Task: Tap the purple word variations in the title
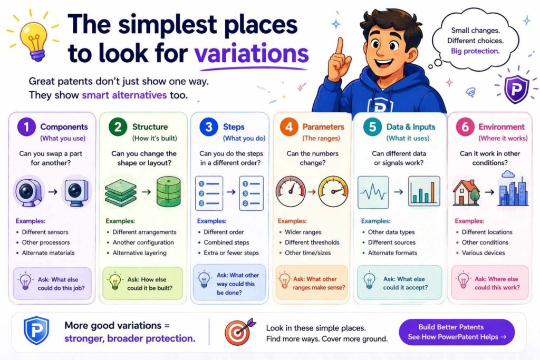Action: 251,54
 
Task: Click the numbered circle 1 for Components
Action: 26,128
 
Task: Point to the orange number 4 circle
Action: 288,128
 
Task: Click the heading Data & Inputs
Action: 411,127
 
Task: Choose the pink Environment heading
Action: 501,127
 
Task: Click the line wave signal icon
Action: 373,191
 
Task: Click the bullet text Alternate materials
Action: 48,252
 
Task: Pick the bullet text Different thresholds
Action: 312,242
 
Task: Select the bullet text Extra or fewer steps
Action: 231,252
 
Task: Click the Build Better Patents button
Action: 457,332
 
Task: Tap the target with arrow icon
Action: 238,333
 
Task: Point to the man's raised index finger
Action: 340,47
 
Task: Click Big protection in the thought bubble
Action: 475,51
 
